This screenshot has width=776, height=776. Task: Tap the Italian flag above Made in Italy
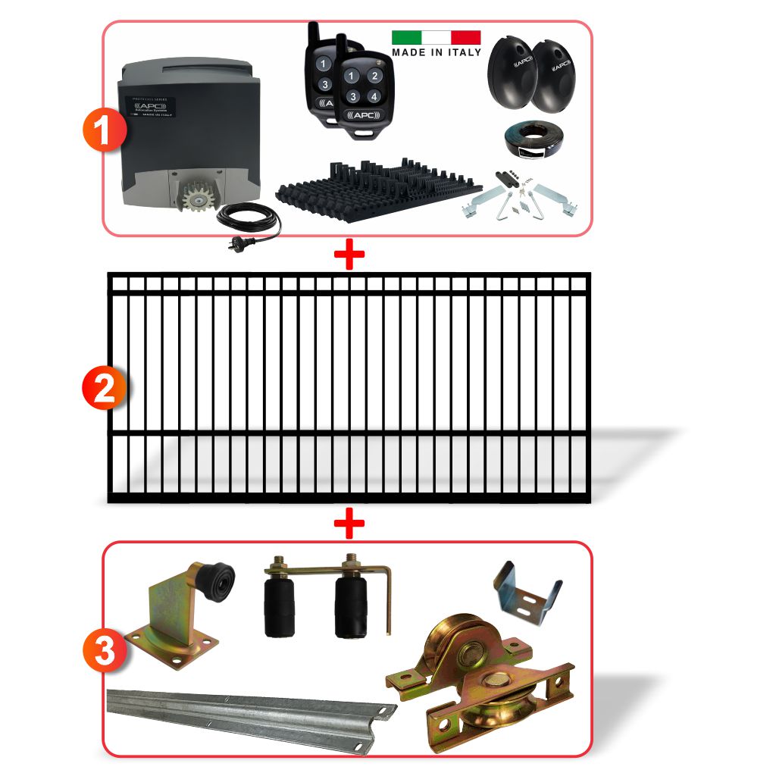tap(436, 37)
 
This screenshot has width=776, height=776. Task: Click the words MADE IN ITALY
tap(436, 52)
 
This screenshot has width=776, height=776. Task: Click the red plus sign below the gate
tap(349, 523)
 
